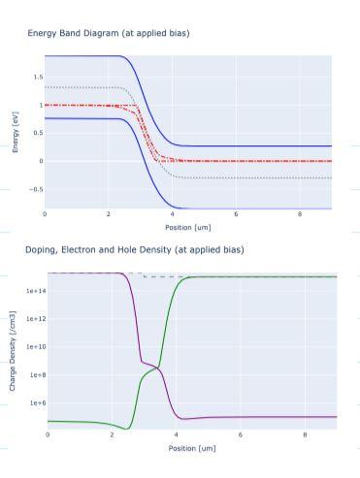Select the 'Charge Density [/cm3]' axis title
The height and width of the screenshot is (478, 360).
tap(12, 351)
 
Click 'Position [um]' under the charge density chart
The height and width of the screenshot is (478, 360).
tap(191, 448)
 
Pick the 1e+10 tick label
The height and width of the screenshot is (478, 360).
tap(30, 346)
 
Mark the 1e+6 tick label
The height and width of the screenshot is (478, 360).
tap(32, 402)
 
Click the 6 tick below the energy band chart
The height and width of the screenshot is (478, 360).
tap(236, 214)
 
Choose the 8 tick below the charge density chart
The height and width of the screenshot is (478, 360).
tap(306, 435)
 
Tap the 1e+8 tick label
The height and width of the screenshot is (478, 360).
tap(32, 374)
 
